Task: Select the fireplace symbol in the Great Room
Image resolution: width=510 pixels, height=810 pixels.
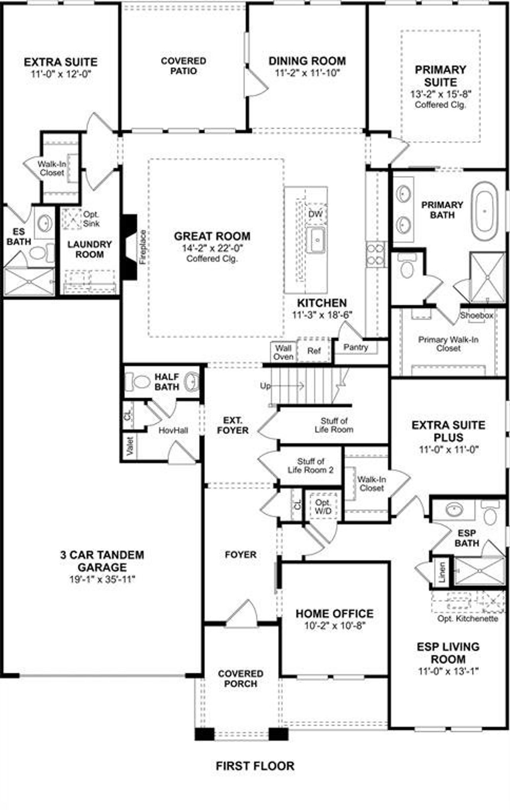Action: click(130, 247)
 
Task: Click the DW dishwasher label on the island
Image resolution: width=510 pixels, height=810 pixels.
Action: click(315, 214)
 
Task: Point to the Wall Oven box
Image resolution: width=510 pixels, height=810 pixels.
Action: click(283, 353)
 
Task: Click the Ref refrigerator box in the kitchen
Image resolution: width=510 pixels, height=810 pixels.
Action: click(314, 351)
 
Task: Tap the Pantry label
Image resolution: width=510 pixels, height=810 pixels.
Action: click(355, 347)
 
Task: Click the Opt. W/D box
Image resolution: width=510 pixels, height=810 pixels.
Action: click(323, 506)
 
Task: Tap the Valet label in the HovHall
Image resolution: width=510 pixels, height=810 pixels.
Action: click(129, 446)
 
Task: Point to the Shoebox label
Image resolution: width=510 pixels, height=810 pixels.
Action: click(477, 315)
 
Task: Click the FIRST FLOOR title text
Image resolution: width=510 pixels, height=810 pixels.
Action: click(255, 765)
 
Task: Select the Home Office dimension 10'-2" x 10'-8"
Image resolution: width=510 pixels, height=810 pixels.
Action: click(335, 626)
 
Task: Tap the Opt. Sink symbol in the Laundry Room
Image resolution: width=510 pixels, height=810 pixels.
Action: click(73, 219)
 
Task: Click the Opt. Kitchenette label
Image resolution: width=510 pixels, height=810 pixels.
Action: click(467, 619)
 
